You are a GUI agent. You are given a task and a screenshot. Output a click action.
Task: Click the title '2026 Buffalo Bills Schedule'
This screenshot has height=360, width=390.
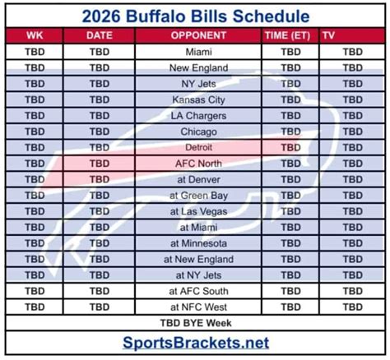pos(196,16)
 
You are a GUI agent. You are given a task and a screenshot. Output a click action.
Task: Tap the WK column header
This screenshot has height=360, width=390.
pos(35,35)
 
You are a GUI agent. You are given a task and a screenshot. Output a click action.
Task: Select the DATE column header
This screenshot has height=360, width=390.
pos(100,35)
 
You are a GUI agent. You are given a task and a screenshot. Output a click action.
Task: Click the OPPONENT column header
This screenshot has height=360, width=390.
pos(198,35)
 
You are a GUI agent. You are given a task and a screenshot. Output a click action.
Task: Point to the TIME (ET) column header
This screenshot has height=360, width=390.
pos(287,35)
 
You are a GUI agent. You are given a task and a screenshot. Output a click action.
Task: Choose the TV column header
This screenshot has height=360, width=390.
pos(328,35)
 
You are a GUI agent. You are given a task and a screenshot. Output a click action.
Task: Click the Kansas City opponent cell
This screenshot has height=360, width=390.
pos(198,99)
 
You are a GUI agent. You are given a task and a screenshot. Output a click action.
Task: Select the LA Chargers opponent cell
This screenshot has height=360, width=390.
pos(198,116)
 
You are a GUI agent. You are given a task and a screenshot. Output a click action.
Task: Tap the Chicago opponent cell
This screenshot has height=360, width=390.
pos(198,132)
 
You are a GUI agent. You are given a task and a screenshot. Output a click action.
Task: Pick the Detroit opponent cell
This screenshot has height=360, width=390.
pos(198,147)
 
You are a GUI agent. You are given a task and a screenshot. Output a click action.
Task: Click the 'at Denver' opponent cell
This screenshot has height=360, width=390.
pos(198,179)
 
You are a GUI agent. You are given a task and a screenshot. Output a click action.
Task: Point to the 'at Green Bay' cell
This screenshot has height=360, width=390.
pos(198,196)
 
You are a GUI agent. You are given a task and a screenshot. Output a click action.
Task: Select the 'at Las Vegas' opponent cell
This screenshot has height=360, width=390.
pos(198,211)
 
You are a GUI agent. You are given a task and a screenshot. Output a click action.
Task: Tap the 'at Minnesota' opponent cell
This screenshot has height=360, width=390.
pos(198,243)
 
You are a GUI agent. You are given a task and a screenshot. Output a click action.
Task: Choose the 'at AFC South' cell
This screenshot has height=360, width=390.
pos(198,291)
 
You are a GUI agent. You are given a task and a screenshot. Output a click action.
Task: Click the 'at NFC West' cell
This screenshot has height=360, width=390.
pos(198,307)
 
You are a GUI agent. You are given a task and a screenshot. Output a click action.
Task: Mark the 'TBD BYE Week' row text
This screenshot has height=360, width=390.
pos(196,323)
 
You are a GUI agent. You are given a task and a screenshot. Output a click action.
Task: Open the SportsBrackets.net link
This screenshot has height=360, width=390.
pos(196,343)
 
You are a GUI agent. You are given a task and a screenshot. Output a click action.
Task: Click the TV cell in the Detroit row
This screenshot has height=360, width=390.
pos(353,147)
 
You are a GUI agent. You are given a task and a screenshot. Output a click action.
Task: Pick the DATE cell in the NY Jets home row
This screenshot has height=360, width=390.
pos(100,84)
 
